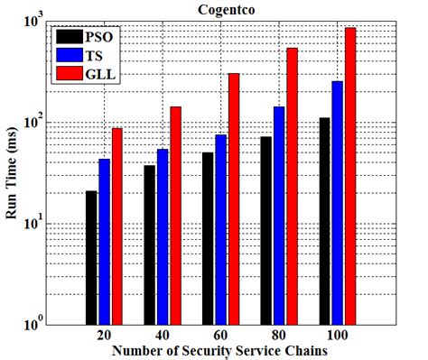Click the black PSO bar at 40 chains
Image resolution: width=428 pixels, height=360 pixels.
click(149, 245)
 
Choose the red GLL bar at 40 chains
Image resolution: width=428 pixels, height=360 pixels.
click(175, 216)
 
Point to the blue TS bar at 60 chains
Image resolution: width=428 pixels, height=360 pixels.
click(220, 229)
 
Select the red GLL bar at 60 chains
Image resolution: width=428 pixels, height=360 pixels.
click(233, 198)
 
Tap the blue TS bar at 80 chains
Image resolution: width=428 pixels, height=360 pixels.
click(279, 216)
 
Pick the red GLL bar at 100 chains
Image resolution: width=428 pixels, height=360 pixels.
click(349, 175)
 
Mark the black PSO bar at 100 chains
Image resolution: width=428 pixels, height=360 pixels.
click(323, 221)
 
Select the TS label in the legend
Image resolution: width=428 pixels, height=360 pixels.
click(100, 55)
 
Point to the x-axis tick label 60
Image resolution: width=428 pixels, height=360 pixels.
click(220, 334)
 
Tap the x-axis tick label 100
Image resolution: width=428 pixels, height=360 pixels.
click(336, 334)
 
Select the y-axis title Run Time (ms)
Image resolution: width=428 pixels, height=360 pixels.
click(11, 171)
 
